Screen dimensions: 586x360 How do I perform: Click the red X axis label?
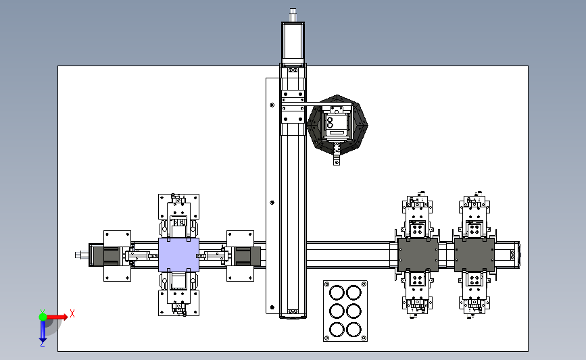click(72, 313)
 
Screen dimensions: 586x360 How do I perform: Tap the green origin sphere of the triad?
click(43, 317)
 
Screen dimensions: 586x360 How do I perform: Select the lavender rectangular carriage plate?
click(178, 255)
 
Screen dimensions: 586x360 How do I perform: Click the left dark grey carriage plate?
click(418, 255)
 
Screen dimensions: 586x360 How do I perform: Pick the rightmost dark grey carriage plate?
click(474, 255)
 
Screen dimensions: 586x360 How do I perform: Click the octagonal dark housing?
click(337, 124)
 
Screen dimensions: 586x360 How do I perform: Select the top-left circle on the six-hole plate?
click(337, 292)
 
